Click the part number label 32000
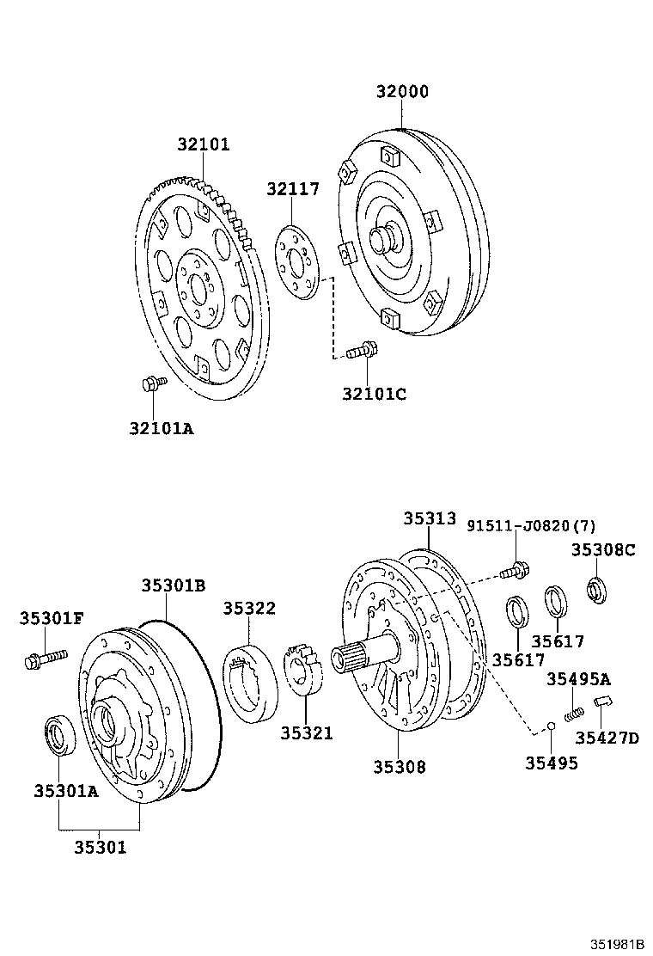pos(401,92)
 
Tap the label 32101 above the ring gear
pos(204,144)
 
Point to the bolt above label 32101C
pos(363,351)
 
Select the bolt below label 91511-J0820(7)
pos(514,568)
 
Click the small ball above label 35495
pos(551,730)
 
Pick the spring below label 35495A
pos(574,713)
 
